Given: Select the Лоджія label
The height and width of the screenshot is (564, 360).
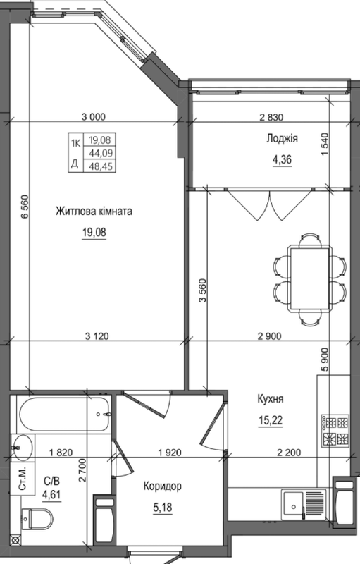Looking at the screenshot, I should coord(281,140).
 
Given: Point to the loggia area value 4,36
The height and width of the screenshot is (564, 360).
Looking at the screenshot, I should coord(281,159).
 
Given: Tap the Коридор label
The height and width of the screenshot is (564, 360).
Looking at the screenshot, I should coord(162,486).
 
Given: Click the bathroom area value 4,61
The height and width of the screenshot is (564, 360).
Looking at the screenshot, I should coord(51,494).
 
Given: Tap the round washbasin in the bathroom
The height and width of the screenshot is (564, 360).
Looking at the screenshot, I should coord(23,446).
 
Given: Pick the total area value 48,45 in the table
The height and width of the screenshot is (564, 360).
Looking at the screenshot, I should coord(94,164).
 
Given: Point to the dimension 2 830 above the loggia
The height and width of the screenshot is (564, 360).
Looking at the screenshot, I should coord(273,117).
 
